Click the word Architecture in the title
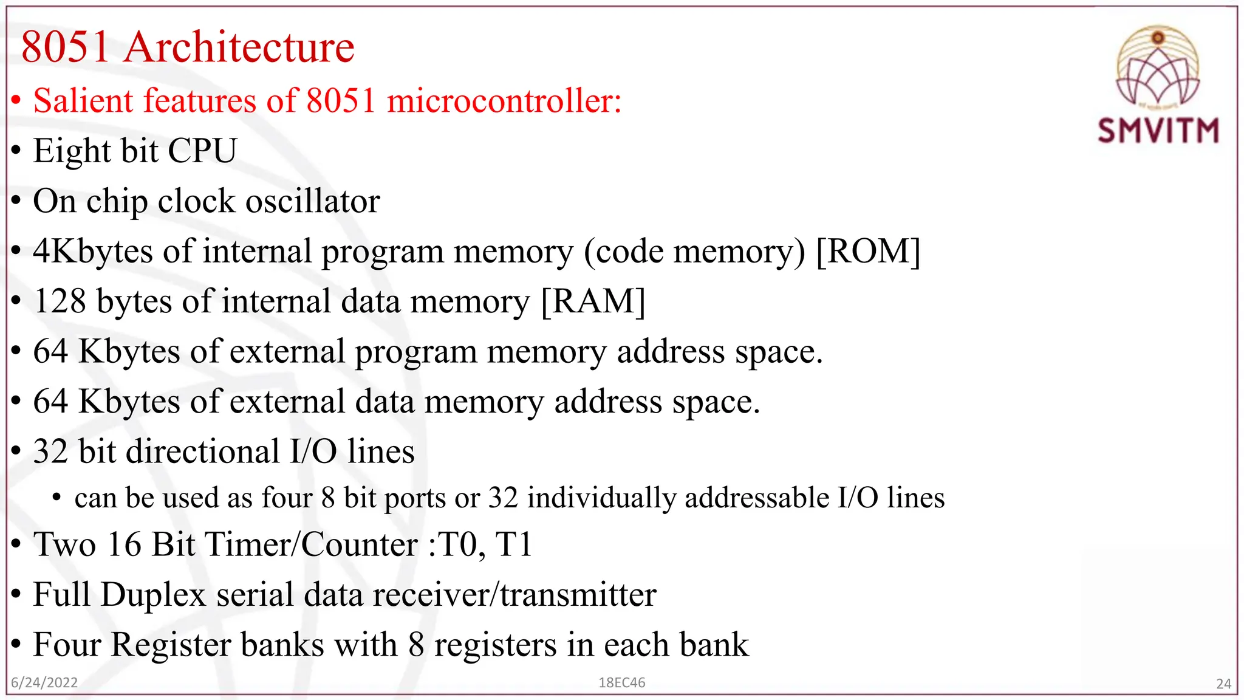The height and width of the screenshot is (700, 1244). (239, 47)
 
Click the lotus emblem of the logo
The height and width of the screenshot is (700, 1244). (1158, 67)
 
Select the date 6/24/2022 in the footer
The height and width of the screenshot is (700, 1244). (44, 682)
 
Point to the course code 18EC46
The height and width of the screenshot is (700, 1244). (621, 682)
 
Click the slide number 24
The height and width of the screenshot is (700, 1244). (1223, 684)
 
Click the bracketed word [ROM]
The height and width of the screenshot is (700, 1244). (868, 251)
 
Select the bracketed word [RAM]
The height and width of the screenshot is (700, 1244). (593, 301)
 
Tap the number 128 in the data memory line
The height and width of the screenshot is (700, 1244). (60, 301)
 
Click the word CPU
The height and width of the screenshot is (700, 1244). (202, 151)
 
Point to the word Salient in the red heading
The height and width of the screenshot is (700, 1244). (83, 101)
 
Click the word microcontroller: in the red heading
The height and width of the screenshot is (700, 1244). (504, 101)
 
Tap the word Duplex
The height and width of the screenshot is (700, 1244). (153, 595)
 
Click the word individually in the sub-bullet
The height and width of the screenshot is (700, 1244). (601, 498)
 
